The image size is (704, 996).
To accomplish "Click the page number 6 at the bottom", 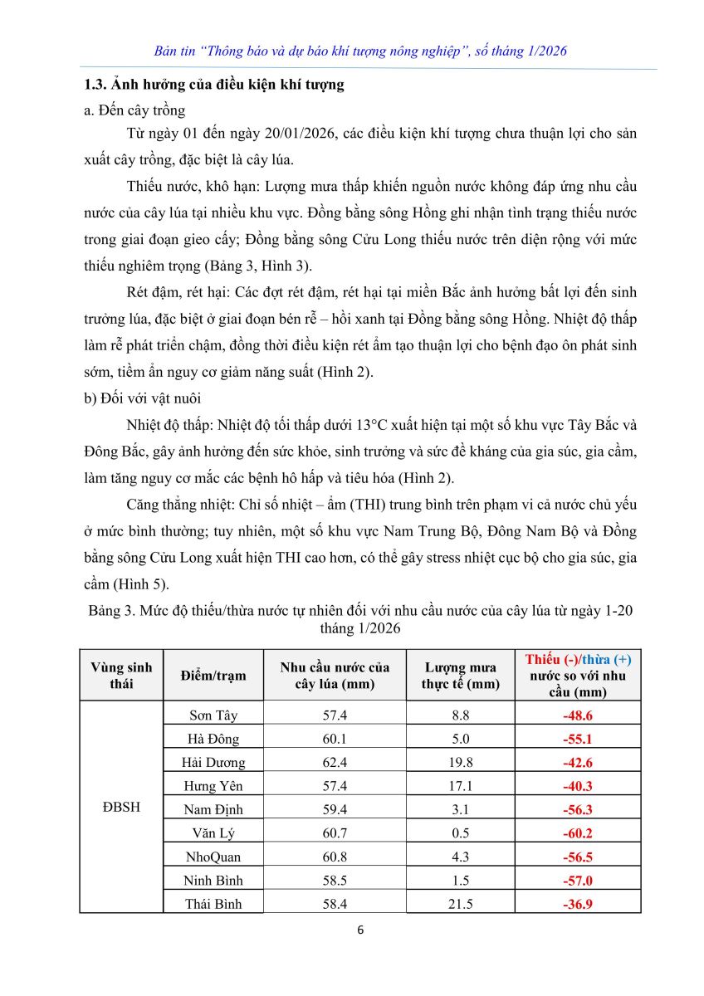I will click(x=359, y=929).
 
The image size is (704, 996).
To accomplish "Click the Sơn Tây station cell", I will click(x=213, y=715).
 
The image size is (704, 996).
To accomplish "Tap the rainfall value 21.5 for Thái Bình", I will click(x=459, y=904).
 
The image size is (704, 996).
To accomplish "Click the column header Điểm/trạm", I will click(x=213, y=676).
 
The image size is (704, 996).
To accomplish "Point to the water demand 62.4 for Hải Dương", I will click(x=335, y=762).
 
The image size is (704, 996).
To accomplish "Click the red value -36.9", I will click(x=577, y=904).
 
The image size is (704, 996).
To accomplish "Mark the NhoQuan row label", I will click(x=213, y=857).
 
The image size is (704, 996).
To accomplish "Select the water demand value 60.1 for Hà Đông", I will click(x=335, y=739).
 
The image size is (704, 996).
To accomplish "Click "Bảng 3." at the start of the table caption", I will click(x=110, y=612).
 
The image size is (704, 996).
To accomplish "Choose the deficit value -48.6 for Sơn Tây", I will click(x=577, y=715).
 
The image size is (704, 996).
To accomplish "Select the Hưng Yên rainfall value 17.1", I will click(x=459, y=785).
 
